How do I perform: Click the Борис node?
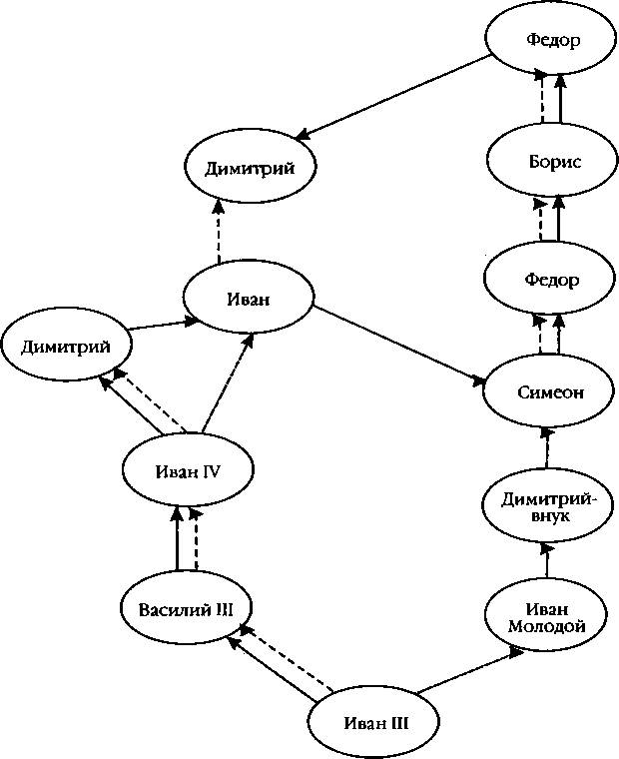(x=552, y=160)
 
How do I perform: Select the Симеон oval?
(x=549, y=391)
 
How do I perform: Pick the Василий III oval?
(x=186, y=609)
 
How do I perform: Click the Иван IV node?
(x=188, y=470)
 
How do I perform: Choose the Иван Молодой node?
(x=545, y=618)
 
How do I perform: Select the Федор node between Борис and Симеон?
(x=551, y=280)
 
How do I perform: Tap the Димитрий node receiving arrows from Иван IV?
(x=66, y=347)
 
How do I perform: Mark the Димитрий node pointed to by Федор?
(x=250, y=168)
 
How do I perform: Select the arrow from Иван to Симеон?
(x=398, y=345)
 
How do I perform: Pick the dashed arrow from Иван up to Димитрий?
(x=219, y=232)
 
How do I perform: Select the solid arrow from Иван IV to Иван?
(x=227, y=381)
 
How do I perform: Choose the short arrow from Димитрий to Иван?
(x=163, y=325)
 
